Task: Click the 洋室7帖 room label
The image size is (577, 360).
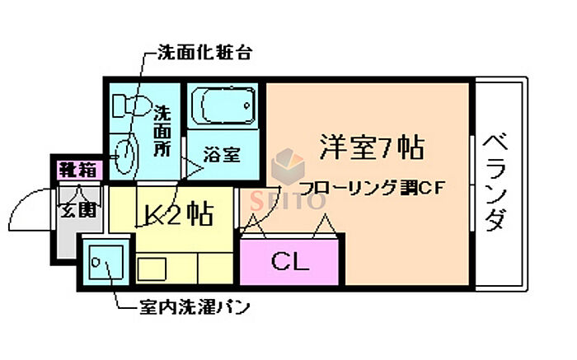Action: point(372,147)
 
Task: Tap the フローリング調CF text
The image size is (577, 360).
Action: point(372,189)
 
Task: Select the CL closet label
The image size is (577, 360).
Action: point(289,263)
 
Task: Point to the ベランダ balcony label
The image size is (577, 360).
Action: point(495,181)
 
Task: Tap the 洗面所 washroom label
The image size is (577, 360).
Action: point(163,132)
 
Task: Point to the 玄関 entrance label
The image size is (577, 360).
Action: point(78,209)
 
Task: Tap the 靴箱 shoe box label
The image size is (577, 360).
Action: point(77,171)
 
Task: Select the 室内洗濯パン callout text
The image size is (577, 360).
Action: point(195,308)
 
